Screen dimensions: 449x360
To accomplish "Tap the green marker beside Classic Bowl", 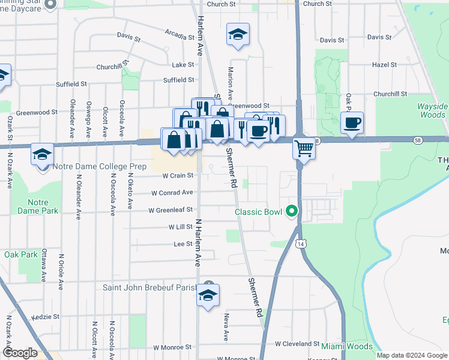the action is click(x=292, y=211).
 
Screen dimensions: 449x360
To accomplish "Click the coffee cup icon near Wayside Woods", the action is click(x=352, y=122).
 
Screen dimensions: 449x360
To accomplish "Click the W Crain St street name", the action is click(x=178, y=176).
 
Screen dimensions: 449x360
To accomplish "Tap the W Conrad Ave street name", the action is click(x=172, y=193).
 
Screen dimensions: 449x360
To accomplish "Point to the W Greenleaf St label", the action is click(x=171, y=210).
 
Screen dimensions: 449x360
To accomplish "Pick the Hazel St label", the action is click(x=384, y=64).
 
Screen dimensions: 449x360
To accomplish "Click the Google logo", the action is click(x=20, y=353).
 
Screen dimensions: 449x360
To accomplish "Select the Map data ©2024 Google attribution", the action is click(x=411, y=355).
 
